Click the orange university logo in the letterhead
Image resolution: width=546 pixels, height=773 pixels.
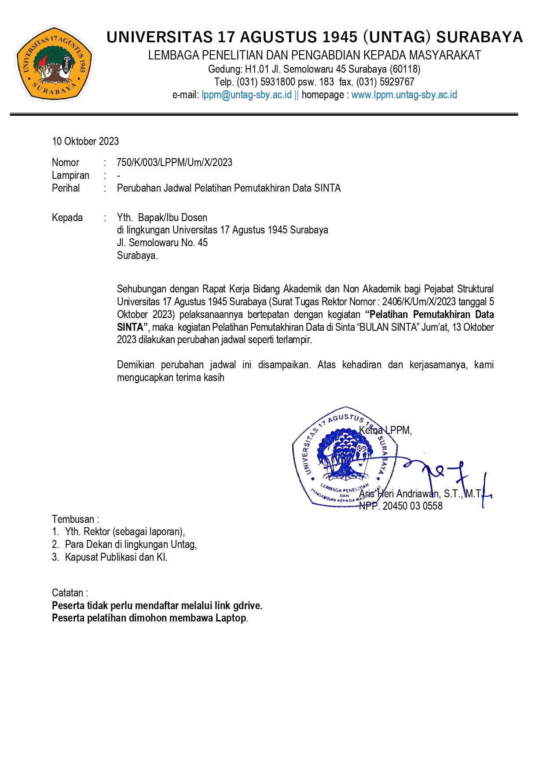click(x=55, y=63)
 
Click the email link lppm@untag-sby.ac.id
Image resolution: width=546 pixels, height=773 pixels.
click(x=246, y=95)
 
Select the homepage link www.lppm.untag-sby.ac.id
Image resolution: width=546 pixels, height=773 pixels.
click(x=404, y=95)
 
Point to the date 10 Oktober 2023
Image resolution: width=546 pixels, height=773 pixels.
click(x=85, y=141)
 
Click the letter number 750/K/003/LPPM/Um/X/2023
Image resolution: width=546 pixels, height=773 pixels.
click(x=174, y=163)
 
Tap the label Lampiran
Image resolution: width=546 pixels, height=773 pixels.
click(x=70, y=175)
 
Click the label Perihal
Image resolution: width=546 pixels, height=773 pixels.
click(x=66, y=188)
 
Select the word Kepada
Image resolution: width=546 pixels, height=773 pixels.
click(x=67, y=218)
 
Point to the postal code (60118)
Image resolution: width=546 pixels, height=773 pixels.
click(x=405, y=69)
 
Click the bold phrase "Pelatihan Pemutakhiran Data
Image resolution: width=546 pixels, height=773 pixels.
click(x=429, y=314)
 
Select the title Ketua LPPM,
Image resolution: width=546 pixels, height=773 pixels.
click(x=385, y=430)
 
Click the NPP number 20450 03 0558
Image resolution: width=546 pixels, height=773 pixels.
click(x=412, y=506)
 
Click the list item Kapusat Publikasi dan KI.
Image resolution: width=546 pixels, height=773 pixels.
click(x=116, y=557)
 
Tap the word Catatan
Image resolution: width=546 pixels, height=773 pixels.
click(x=67, y=593)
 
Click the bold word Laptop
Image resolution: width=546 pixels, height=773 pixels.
click(x=231, y=618)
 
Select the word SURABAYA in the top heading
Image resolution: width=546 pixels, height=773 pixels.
click(x=479, y=37)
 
